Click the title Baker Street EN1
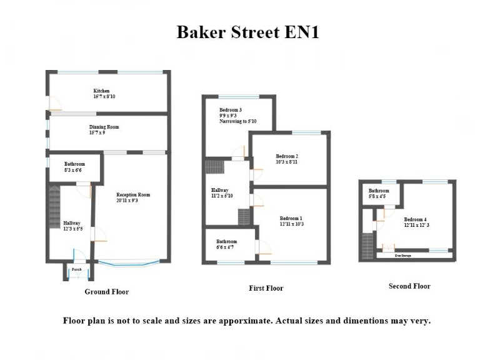pyautogui.click(x=247, y=32)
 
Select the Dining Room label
pyautogui.click(x=104, y=127)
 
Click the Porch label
pyautogui.click(x=77, y=269)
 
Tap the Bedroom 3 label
pyautogui.click(x=231, y=110)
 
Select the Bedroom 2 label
pyautogui.click(x=287, y=156)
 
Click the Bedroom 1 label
pyautogui.click(x=283, y=219)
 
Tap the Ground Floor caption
pyautogui.click(x=107, y=292)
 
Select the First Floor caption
pyautogui.click(x=266, y=288)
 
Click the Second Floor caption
pyautogui.click(x=409, y=286)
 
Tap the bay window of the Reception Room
pyautogui.click(x=129, y=263)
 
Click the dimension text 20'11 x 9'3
pyautogui.click(x=132, y=201)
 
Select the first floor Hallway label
pyautogui.click(x=220, y=190)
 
